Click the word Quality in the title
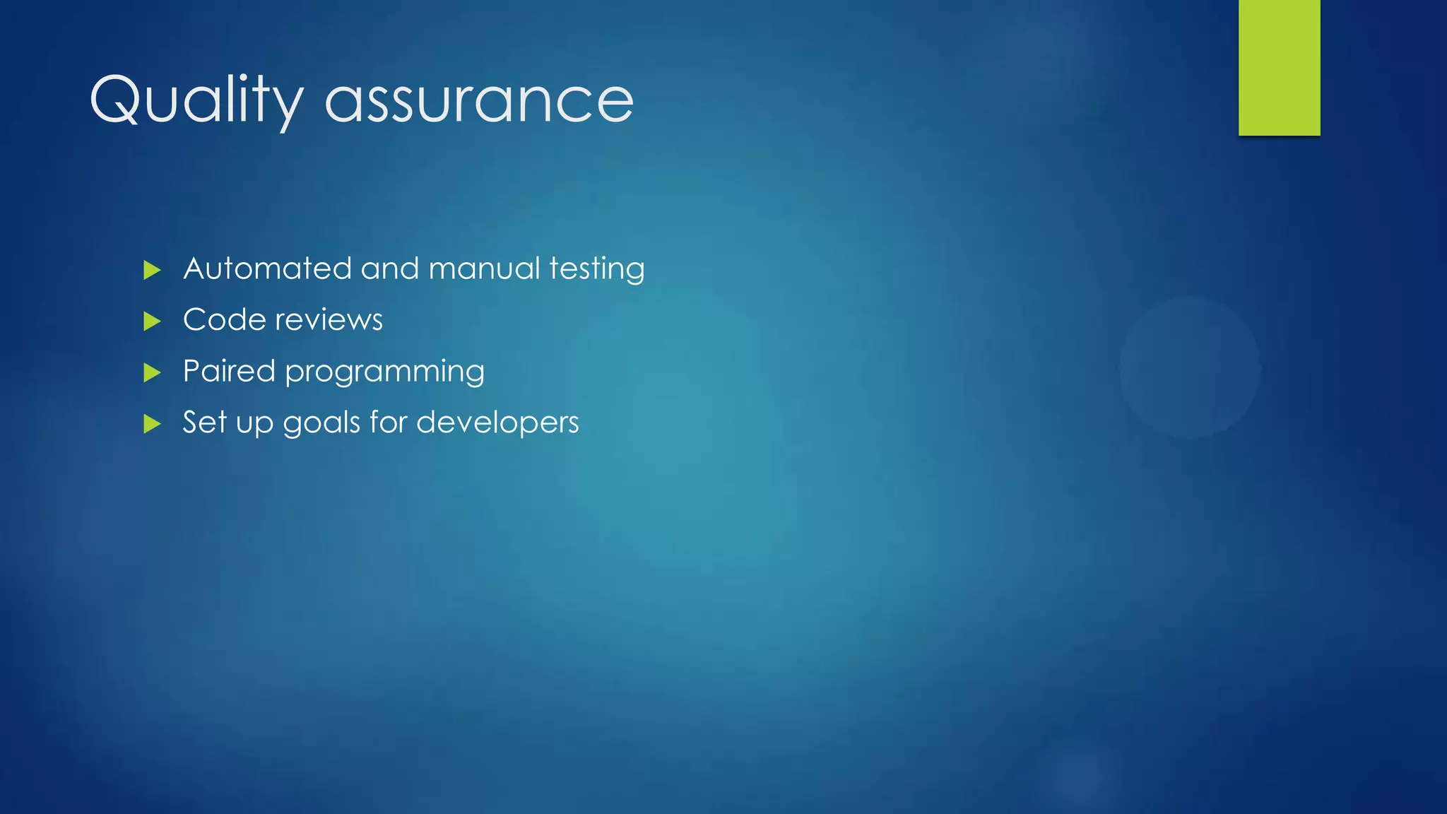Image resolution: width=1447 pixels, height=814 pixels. [196, 100]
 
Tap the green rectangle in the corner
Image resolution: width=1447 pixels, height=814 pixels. [1279, 67]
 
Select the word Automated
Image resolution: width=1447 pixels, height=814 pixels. [267, 269]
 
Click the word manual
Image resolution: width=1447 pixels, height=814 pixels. [484, 269]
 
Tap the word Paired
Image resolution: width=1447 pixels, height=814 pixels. [228, 371]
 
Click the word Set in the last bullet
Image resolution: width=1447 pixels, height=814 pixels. [204, 423]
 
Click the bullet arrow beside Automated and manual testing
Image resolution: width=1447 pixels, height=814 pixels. [152, 270]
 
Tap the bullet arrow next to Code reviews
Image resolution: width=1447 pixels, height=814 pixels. [152, 322]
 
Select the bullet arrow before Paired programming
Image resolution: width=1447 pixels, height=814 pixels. [152, 372]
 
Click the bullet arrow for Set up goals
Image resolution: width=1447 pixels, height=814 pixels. [152, 424]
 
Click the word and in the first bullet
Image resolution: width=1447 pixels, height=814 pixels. [391, 269]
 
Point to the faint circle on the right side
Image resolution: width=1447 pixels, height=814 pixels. [1190, 367]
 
